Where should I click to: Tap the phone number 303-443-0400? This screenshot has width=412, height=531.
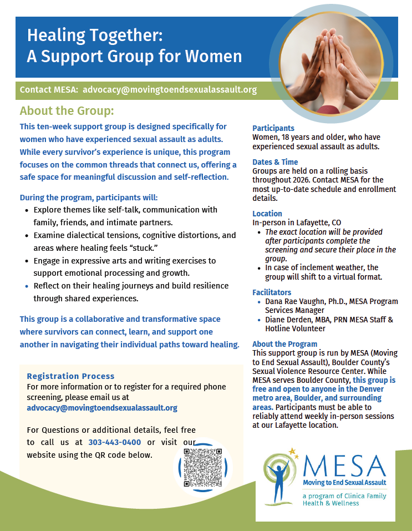(114, 442)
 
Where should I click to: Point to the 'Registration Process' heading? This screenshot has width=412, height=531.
(71, 376)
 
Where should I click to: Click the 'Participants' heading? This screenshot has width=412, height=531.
(273, 128)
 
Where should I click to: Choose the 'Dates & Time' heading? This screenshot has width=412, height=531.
(275, 162)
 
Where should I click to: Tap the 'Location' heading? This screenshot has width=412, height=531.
(267, 214)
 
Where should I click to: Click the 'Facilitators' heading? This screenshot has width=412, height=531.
(272, 292)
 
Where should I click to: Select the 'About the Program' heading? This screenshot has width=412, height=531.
(285, 344)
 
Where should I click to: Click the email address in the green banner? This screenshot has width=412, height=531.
(170, 89)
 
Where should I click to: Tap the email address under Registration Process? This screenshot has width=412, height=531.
(102, 408)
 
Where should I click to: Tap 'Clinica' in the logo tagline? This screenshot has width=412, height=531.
(351, 495)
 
